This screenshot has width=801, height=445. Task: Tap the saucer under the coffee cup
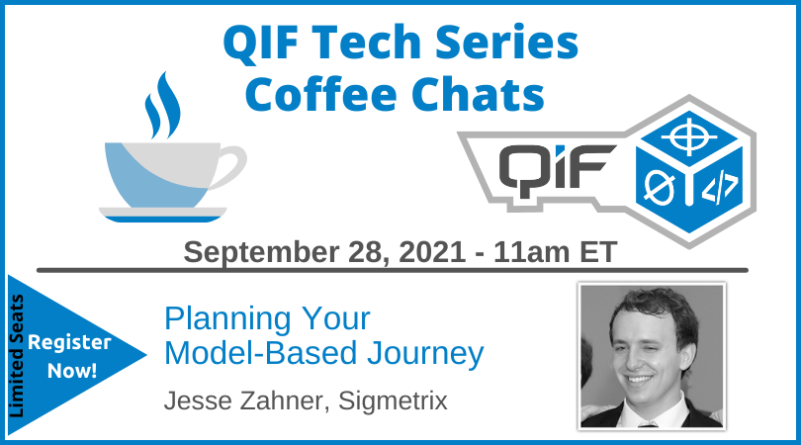click(162, 213)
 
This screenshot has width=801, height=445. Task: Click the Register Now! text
click(69, 357)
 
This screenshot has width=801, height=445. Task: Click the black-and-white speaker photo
click(651, 355)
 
